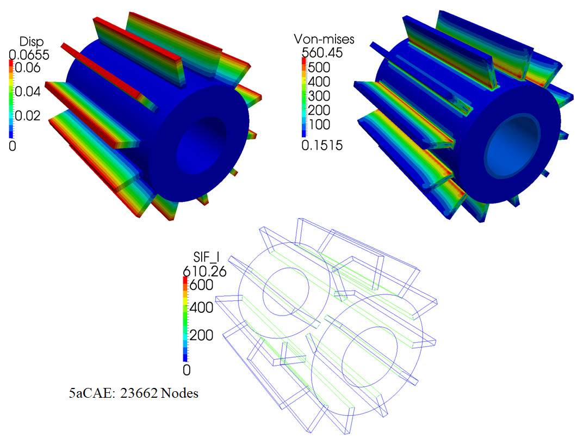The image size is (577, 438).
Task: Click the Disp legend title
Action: [x=32, y=42]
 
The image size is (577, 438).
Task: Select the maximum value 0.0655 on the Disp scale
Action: [x=29, y=55]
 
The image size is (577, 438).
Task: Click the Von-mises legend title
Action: [x=324, y=39]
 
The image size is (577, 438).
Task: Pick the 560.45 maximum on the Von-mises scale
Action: [x=322, y=53]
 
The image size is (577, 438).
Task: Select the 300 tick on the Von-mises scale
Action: [x=319, y=96]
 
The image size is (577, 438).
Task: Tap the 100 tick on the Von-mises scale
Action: [x=319, y=125]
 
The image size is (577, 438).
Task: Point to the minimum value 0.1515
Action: [x=322, y=145]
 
